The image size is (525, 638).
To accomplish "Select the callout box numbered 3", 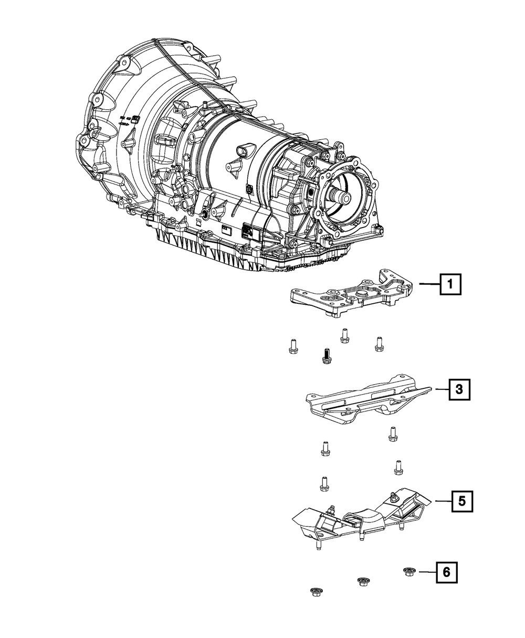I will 459,389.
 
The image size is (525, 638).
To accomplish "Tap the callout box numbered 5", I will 461,501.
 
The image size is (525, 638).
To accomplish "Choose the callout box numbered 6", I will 446,573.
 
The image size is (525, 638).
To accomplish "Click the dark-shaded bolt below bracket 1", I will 324,357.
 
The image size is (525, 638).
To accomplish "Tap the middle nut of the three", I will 362,581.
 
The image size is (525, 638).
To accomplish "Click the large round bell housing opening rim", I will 100,137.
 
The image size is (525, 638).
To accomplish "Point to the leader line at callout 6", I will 426,572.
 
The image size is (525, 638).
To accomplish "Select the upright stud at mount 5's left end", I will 318,546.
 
